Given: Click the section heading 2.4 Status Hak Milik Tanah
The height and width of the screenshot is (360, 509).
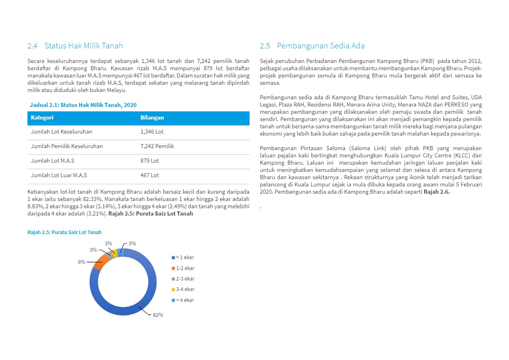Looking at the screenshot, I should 75,46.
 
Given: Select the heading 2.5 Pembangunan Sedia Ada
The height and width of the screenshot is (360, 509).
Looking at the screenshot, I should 312,46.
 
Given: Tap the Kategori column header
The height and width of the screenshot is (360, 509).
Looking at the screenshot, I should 42,118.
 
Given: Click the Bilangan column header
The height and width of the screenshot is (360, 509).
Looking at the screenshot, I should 152,118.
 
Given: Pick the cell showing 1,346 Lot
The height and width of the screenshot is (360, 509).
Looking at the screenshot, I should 152,132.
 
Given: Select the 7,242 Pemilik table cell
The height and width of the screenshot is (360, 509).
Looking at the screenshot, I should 157,147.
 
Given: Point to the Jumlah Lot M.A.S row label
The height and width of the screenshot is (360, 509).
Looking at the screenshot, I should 52,161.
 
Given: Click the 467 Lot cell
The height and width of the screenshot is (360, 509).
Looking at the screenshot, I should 150,176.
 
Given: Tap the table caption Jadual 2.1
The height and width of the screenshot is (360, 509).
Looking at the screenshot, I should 83,105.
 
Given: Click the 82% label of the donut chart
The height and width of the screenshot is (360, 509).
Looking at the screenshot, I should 158,315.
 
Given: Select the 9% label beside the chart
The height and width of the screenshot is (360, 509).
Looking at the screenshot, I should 81,262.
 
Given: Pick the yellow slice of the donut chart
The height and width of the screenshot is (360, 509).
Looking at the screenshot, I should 115,254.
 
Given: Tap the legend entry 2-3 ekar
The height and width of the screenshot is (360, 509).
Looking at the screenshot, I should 183,279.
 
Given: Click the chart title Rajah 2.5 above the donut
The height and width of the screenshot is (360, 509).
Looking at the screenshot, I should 65,232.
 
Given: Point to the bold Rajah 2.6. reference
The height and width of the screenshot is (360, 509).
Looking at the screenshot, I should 436,192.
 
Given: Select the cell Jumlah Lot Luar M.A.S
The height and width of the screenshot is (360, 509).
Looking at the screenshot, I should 59,176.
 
